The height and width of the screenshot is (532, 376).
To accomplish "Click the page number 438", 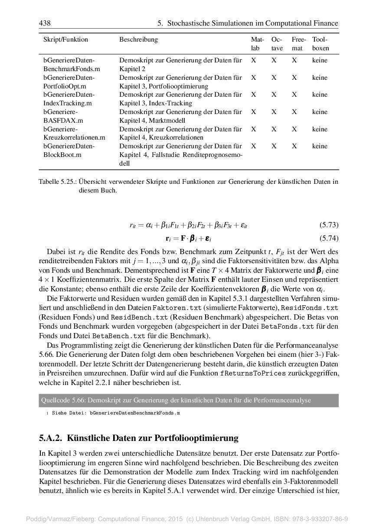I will (x=45, y=23).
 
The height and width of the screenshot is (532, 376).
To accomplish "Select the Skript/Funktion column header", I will (x=65, y=39).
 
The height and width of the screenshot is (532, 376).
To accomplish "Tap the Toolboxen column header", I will (x=320, y=44).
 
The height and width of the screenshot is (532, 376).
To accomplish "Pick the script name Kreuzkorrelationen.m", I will (x=74, y=137).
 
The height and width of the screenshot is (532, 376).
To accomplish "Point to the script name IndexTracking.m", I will (x=67, y=103).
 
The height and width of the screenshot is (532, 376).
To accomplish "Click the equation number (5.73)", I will (x=329, y=225).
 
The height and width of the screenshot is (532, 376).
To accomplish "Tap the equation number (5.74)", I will (x=329, y=238).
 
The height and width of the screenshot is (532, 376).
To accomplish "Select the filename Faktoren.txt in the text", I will (x=177, y=307).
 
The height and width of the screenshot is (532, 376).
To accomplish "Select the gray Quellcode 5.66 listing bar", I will (x=189, y=400).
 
